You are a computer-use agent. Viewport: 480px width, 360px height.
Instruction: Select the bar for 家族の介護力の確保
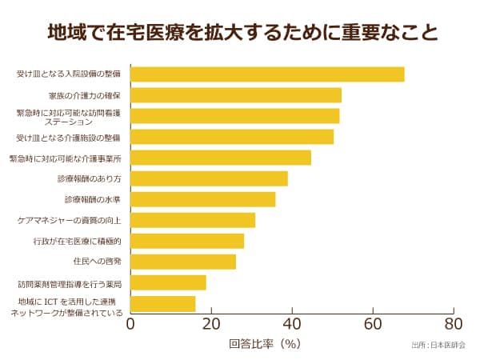236,95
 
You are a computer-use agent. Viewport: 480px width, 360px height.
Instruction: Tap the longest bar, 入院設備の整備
267,74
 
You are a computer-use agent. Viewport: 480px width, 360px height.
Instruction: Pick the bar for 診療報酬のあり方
209,178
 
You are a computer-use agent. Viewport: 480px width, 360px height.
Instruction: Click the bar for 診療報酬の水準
202,199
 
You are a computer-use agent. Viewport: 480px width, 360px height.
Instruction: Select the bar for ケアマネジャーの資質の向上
193,220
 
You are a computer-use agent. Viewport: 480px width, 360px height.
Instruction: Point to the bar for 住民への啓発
183,262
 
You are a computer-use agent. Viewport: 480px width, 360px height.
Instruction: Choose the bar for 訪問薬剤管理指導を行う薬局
168,282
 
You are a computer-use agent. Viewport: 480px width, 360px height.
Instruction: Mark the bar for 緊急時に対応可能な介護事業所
221,158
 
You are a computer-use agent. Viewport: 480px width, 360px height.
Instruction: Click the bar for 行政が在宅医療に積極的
187,241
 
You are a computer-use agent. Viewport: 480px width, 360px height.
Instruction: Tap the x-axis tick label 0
130,324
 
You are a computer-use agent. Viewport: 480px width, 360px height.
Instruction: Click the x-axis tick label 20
211,324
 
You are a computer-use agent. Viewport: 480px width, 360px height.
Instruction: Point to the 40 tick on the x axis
292,324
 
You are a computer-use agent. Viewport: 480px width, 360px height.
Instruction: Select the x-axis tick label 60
373,324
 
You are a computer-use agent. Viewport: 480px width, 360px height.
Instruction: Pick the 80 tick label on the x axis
454,324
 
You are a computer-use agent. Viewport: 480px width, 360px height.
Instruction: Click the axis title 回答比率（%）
264,345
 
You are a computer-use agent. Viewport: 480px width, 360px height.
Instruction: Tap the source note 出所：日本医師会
438,346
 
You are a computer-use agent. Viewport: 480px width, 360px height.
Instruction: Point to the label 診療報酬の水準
93,199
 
